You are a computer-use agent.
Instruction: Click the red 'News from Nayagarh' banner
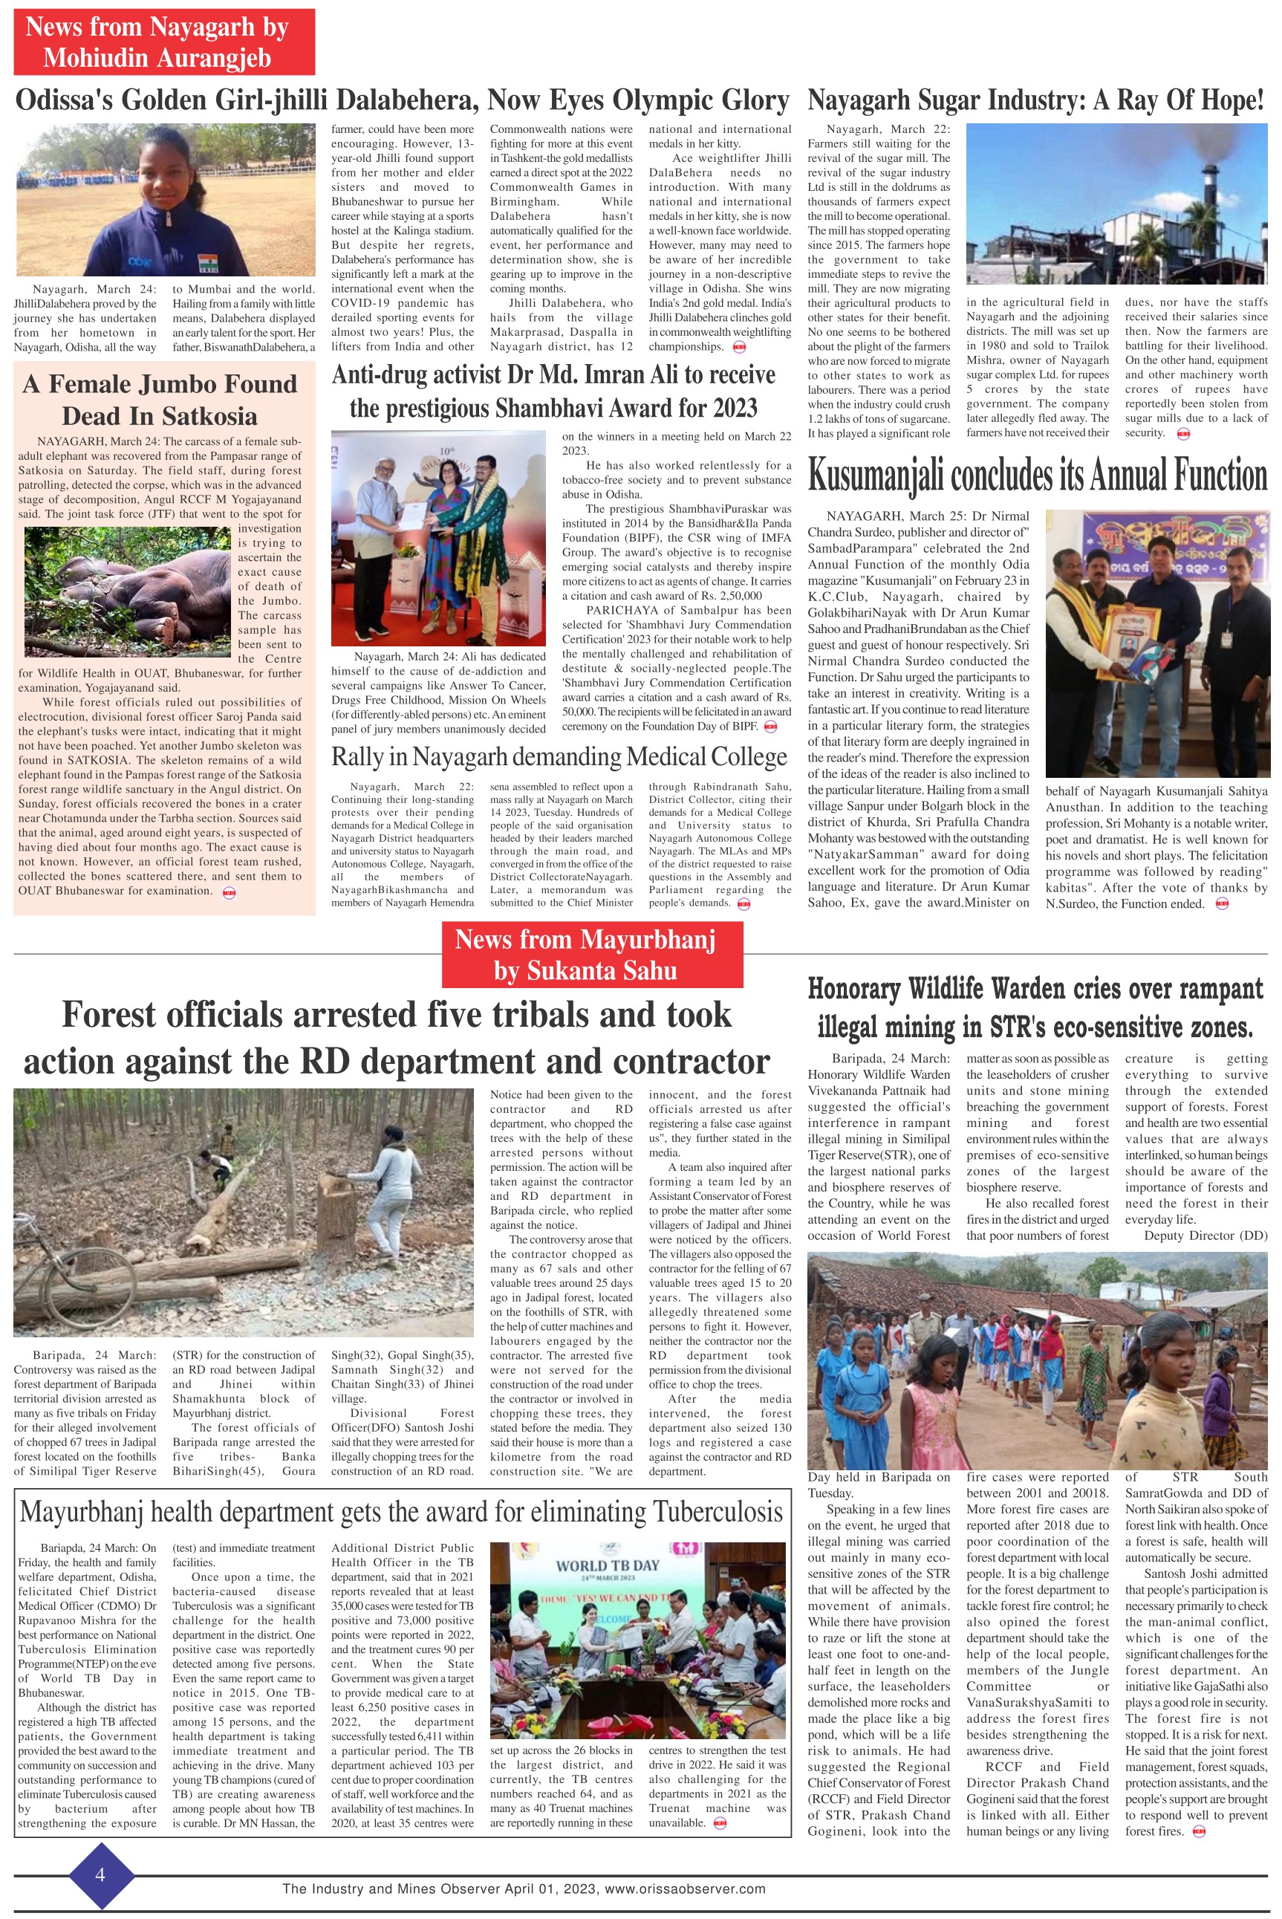pyautogui.click(x=163, y=42)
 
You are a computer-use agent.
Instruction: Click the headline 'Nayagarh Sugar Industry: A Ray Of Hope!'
pyautogui.click(x=1036, y=100)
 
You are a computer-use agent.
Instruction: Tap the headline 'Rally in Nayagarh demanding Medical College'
pyautogui.click(x=559, y=757)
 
